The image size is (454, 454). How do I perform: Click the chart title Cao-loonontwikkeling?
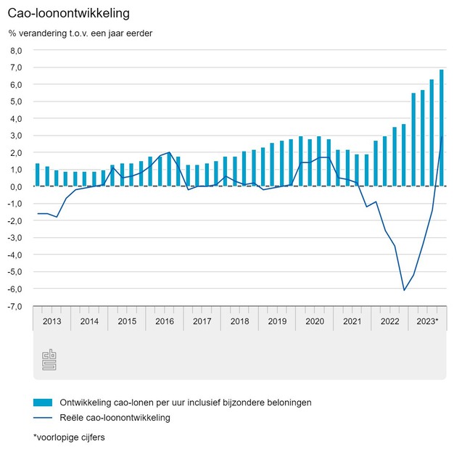coord(64,14)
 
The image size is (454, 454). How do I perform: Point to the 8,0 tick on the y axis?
coord(16,51)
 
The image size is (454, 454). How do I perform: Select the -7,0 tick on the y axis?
coord(15,306)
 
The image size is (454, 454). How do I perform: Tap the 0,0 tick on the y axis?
coord(16,187)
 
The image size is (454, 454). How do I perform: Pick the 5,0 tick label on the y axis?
coord(16,102)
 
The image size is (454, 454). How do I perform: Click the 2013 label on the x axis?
coord(51,321)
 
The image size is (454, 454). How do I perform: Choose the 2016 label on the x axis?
coord(165,321)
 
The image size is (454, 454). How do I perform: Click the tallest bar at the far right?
coord(442,128)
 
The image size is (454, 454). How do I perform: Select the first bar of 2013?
coord(38,175)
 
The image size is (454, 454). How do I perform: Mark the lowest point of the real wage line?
coord(404,290)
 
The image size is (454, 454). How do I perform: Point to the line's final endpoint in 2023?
coord(442,137)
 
